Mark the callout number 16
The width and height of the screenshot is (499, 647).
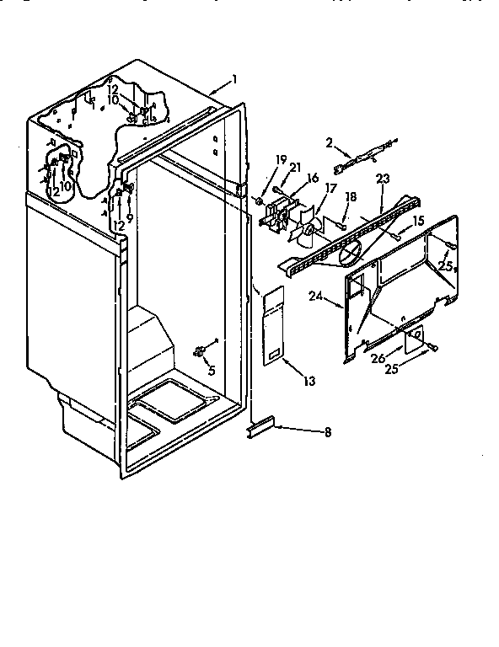pyautogui.click(x=312, y=178)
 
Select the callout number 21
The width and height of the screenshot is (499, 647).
pyautogui.click(x=295, y=168)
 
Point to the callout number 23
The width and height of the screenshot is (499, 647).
pyautogui.click(x=383, y=179)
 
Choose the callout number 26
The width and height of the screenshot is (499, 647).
pyautogui.click(x=378, y=357)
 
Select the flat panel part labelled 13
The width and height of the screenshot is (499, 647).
pyautogui.click(x=271, y=324)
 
